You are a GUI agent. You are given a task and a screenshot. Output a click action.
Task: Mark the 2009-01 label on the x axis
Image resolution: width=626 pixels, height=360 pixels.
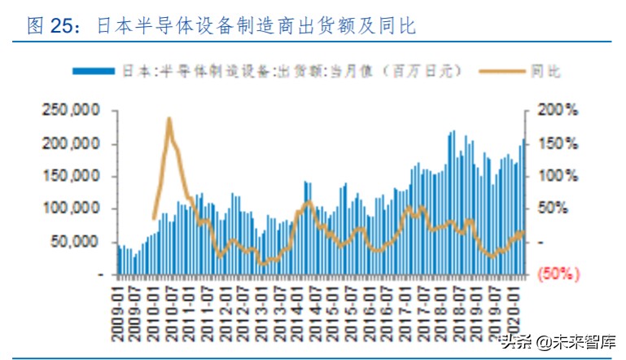(x=118, y=305)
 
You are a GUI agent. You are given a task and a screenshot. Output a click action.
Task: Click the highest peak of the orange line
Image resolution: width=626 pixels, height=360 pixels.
(x=169, y=119)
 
